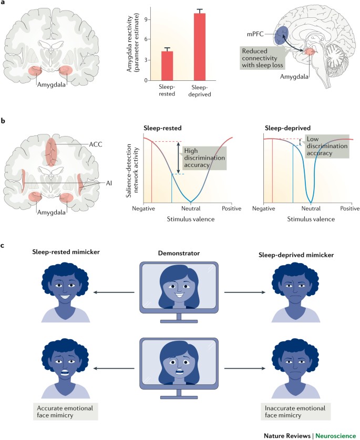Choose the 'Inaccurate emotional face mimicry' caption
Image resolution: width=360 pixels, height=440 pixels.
[298, 408]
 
